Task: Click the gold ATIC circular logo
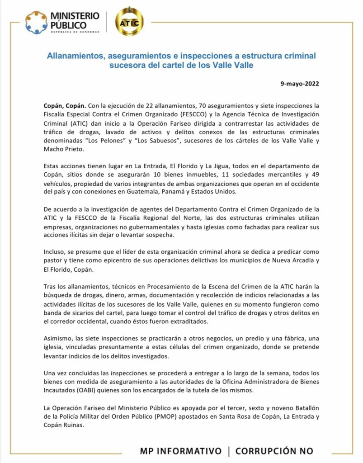coord(129,22)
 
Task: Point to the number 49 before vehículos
coord(315,175)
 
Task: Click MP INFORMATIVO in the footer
coord(181,451)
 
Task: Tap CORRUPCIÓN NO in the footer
coord(274,451)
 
